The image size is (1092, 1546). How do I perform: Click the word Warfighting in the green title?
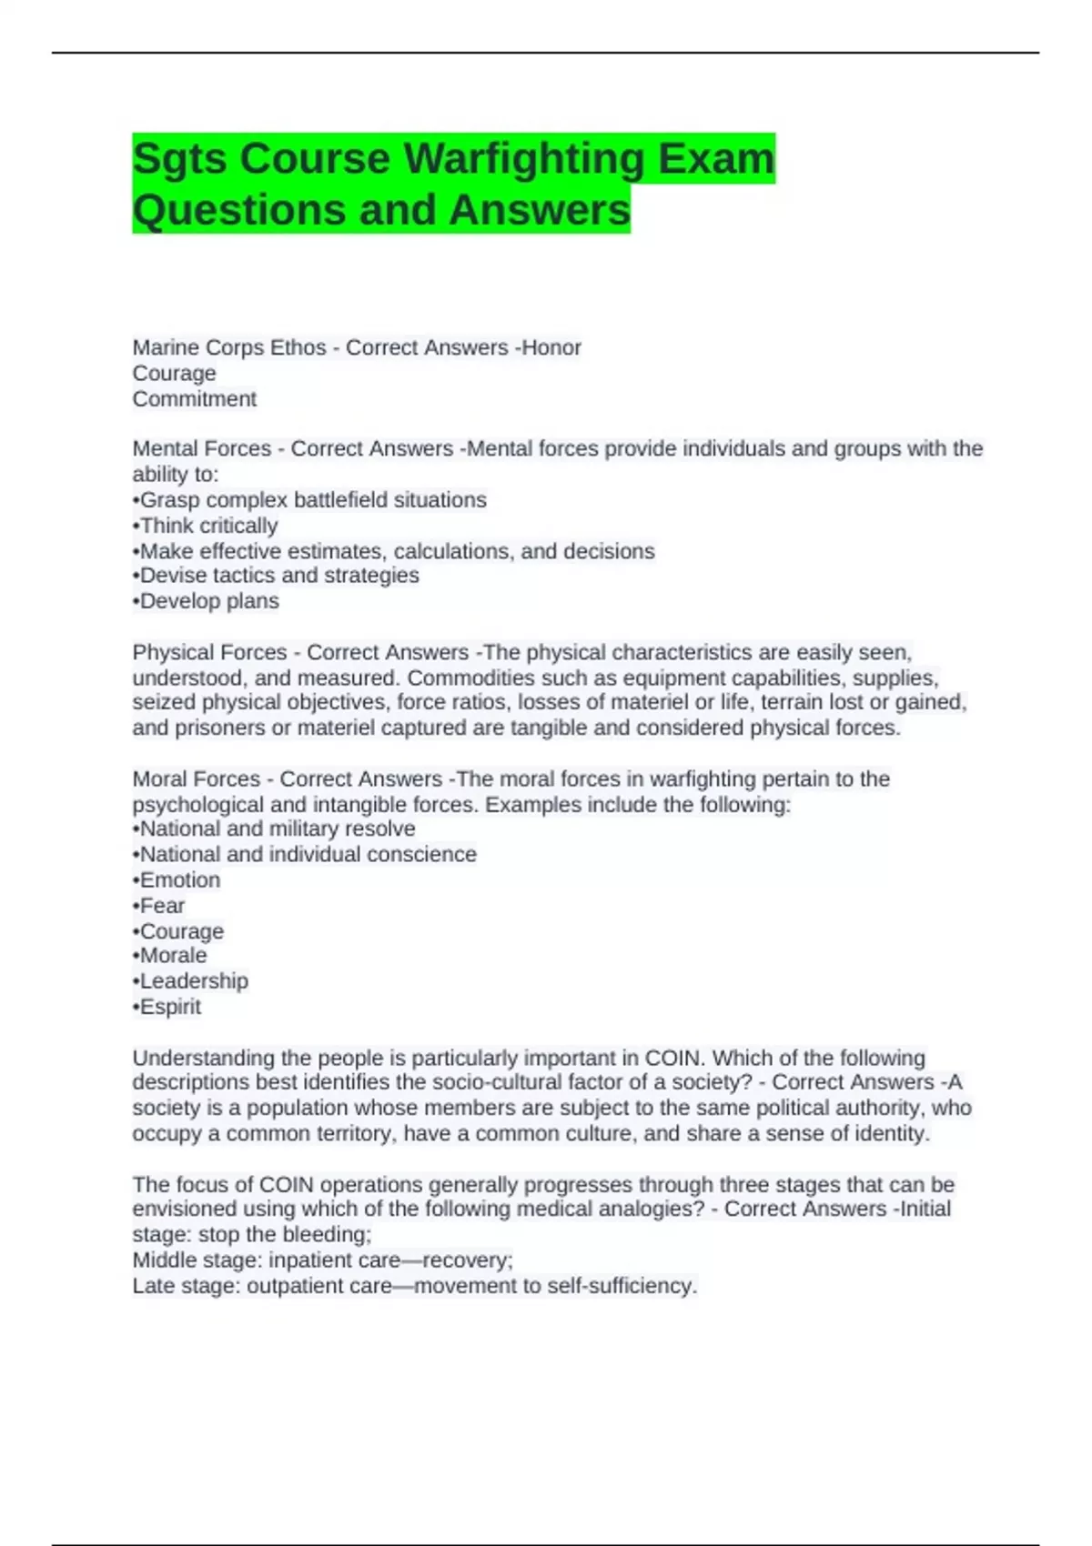pyautogui.click(x=524, y=159)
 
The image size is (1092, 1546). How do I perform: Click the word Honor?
pyautogui.click(x=551, y=347)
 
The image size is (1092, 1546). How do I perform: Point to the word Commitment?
pyautogui.click(x=195, y=398)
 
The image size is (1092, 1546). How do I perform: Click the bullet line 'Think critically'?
pyautogui.click(x=207, y=526)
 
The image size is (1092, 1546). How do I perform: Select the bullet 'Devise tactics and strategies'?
pyautogui.click(x=278, y=576)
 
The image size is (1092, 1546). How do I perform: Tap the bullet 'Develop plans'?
pyautogui.click(x=208, y=601)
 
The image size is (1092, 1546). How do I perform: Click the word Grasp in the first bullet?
pyautogui.click(x=169, y=500)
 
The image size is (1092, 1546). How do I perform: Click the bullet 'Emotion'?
pyautogui.click(x=178, y=879)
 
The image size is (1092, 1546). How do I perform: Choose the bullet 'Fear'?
pyautogui.click(x=161, y=906)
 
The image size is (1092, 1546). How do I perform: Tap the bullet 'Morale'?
pyautogui.click(x=172, y=956)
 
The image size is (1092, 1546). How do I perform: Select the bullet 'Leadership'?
pyautogui.click(x=192, y=981)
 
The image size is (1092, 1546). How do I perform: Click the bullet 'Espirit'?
pyautogui.click(x=169, y=1007)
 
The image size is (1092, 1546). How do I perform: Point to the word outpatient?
pyautogui.click(x=306, y=1286)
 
